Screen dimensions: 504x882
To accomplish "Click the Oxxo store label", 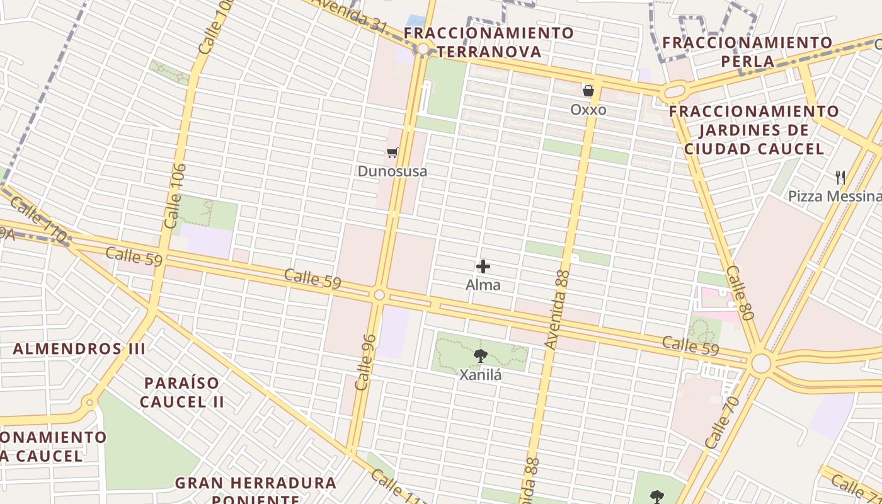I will click(588, 110).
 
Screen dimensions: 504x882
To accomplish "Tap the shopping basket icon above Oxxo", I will click(588, 91).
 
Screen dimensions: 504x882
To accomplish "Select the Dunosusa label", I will click(392, 171).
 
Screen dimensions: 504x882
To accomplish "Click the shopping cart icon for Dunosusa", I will click(392, 152).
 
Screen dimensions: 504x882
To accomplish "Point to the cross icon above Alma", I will click(483, 266).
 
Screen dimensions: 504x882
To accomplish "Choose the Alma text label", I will click(483, 285).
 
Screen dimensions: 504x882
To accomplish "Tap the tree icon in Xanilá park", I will click(481, 356).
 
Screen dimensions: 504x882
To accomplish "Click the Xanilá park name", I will click(481, 375).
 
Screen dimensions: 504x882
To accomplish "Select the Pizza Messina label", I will click(834, 197).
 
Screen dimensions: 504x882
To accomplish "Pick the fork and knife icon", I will click(840, 177).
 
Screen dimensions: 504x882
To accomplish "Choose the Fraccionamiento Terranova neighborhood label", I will click(489, 42).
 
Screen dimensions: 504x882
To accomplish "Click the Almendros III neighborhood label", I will click(79, 349).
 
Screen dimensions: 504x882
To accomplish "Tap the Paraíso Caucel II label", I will click(181, 392).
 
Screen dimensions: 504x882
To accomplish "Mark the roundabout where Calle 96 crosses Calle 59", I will click(379, 295).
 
